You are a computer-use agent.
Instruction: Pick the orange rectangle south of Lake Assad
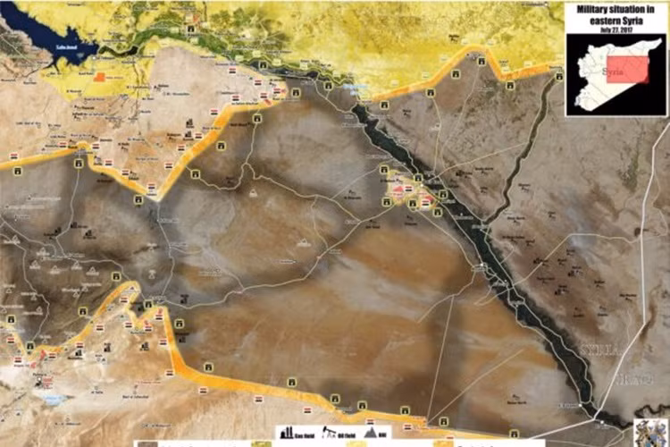(x=98, y=78)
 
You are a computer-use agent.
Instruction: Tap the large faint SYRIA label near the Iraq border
(x=600, y=349)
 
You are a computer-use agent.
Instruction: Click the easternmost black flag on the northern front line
(x=558, y=78)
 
